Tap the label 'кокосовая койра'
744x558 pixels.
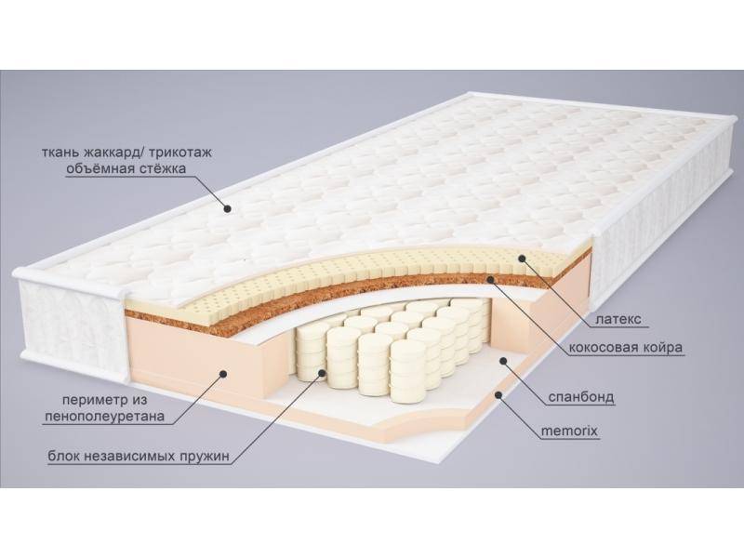[628, 348]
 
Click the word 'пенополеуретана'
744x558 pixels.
[103, 417]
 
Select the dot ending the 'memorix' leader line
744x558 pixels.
[498, 394]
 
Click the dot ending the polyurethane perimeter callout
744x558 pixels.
[224, 373]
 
